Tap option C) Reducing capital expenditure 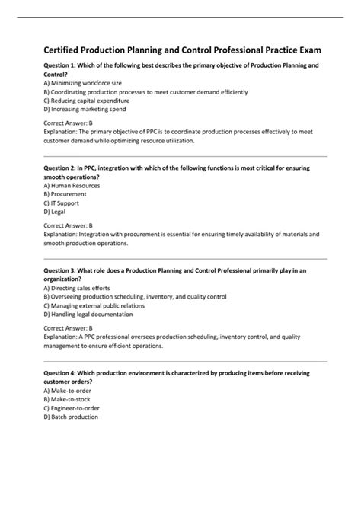coord(86,100)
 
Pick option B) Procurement coord(65,194)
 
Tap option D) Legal coord(56,211)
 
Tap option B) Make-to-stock coord(69,399)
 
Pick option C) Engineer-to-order coord(73,407)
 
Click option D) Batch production coord(72,416)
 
